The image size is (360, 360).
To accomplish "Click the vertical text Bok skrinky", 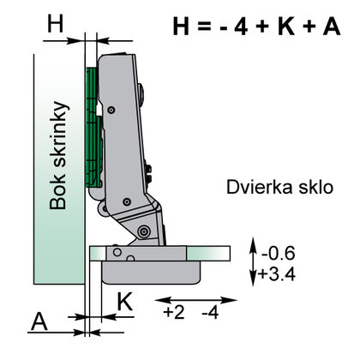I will coord(58,155).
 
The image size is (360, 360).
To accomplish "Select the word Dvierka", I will coord(256,187).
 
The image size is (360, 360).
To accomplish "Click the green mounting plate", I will coord(93,129).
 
